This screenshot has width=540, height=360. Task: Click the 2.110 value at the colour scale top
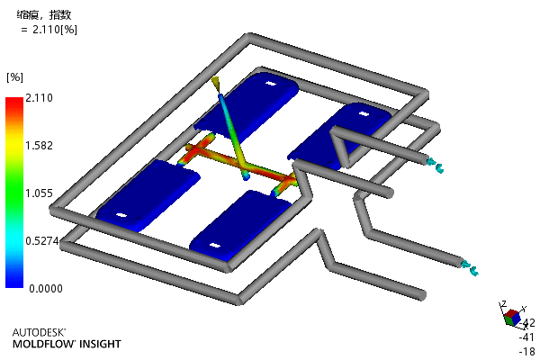(x=39, y=98)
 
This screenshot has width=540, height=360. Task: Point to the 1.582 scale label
(x=39, y=146)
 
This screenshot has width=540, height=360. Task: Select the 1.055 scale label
(x=39, y=193)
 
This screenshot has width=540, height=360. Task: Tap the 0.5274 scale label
(x=42, y=241)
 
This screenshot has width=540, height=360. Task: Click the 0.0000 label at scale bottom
(x=46, y=289)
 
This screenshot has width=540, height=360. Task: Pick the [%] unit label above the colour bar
(x=14, y=77)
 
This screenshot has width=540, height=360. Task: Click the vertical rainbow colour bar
(x=14, y=193)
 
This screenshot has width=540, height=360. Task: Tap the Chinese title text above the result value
(x=44, y=14)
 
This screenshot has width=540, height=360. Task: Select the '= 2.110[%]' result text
(x=49, y=30)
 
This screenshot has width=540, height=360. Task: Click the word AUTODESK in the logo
(x=39, y=332)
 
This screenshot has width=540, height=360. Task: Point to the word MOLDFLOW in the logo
(x=44, y=344)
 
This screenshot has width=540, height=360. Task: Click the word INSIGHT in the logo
(x=100, y=344)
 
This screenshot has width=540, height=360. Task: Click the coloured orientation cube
(x=512, y=317)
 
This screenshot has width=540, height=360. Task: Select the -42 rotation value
(x=527, y=323)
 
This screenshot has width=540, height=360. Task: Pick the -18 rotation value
(x=527, y=351)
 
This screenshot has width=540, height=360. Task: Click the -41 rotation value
(x=527, y=337)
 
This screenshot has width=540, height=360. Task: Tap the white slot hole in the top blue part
(x=271, y=84)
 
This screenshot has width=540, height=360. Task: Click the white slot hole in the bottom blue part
(x=214, y=246)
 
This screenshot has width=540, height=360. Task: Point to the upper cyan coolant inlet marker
(x=435, y=165)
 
